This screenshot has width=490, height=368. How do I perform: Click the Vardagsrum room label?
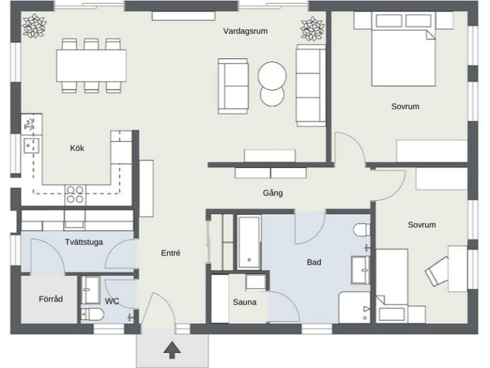245,31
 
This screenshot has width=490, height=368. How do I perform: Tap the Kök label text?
77,148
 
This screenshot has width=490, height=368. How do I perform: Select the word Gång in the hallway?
273,193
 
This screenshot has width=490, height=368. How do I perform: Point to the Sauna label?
245,302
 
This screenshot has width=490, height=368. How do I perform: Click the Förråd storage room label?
50,299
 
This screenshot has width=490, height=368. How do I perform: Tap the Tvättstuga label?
84,242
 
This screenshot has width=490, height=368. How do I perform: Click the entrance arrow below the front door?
172,349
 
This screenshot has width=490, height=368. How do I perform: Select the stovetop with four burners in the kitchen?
75,195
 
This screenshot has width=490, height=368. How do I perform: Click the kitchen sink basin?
31,145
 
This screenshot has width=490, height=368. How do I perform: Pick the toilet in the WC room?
93,314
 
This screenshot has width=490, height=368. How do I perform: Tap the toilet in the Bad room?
362,230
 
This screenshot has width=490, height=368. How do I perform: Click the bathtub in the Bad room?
249,242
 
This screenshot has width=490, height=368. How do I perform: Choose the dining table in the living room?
91,65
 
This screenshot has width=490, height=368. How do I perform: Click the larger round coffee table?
272,76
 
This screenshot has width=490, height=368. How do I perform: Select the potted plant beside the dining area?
34,26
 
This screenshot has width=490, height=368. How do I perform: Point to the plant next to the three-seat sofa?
313,29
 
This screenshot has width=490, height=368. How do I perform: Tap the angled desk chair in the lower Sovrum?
437,271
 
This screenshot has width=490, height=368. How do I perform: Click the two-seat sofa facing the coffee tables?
233,86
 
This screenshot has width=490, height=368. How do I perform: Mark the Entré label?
170,253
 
